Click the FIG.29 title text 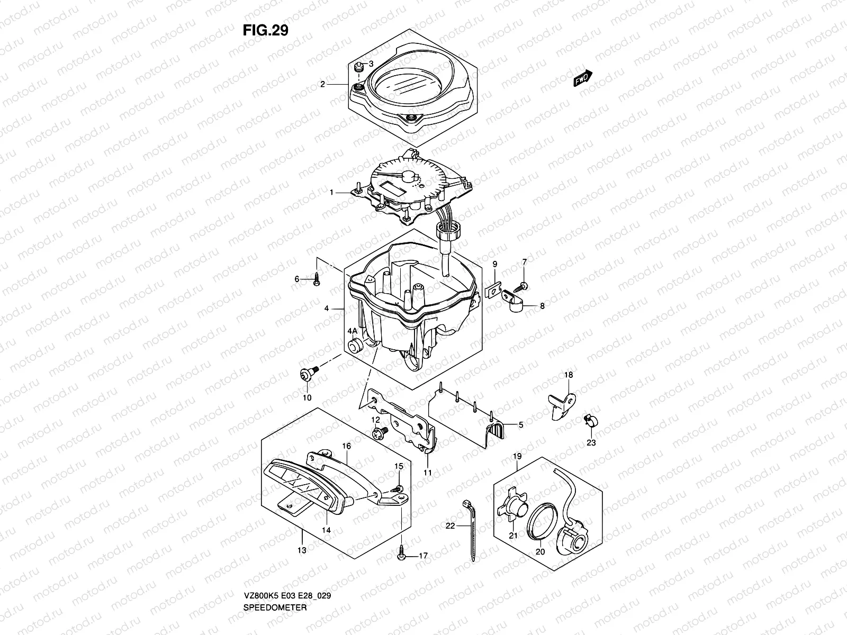pyautogui.click(x=265, y=31)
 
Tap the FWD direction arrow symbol pyautogui.click(x=583, y=78)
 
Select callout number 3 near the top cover pyautogui.click(x=371, y=64)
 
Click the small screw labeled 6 pyautogui.click(x=316, y=279)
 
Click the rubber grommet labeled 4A pyautogui.click(x=354, y=346)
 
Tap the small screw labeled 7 pyautogui.click(x=524, y=286)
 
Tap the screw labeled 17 pyautogui.click(x=401, y=553)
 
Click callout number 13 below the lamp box pyautogui.click(x=301, y=550)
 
